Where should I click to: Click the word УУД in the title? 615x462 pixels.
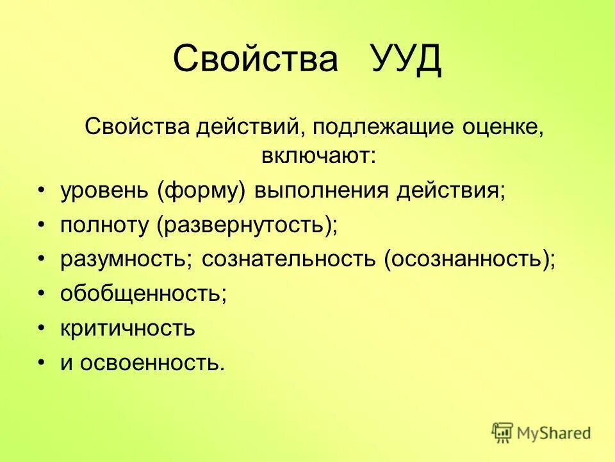tap(406, 60)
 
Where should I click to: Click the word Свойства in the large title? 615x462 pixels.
tap(255, 60)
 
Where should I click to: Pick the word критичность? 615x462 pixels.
tap(127, 329)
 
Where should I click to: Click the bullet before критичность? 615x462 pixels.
tap(42, 329)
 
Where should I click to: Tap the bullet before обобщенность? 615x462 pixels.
tap(42, 294)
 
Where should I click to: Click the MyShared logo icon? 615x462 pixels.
tap(503, 432)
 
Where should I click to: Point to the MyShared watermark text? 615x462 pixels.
tap(554, 433)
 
